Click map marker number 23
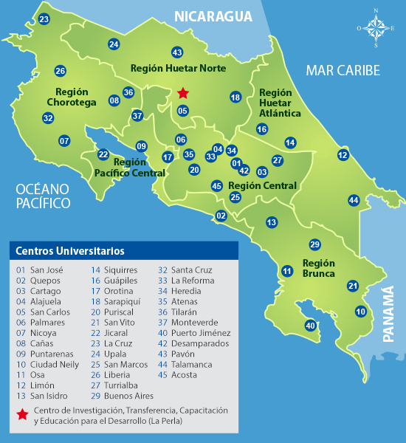[44, 19]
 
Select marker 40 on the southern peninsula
[310, 325]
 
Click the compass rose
[376, 29]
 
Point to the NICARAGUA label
[213, 16]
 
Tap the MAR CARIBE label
[343, 71]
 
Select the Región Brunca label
[319, 268]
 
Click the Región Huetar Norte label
[178, 68]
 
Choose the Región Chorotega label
[72, 97]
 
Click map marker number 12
[343, 155]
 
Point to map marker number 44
[354, 200]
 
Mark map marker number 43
[177, 52]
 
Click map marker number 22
[103, 154]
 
